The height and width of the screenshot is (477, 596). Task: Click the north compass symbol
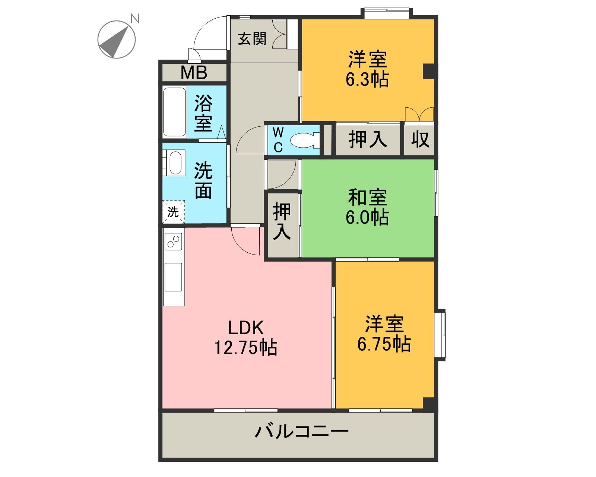tap(116, 39)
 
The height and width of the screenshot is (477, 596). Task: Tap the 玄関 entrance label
tap(252, 38)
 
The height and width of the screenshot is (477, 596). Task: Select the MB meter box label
tap(194, 72)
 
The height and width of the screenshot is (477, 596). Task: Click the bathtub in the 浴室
tap(175, 112)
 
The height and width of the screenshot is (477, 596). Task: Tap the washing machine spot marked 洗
tap(173, 212)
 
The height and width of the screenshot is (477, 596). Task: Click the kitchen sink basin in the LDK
tap(174, 277)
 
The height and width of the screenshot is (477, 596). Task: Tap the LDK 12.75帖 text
tap(245, 338)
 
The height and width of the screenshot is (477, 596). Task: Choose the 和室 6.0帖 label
tap(367, 207)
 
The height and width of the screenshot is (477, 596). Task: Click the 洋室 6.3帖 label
tap(367, 69)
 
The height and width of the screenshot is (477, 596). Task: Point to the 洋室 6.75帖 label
tap(384, 334)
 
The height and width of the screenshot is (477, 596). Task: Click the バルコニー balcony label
tap(301, 432)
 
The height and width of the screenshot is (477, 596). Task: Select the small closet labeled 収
tap(420, 139)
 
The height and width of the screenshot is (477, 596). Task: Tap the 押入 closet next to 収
tap(368, 139)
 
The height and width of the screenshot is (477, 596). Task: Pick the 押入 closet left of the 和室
tap(282, 222)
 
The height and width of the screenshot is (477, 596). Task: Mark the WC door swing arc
tap(250, 140)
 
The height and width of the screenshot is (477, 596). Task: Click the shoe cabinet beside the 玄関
tap(281, 34)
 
